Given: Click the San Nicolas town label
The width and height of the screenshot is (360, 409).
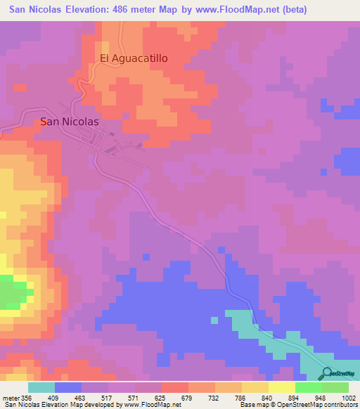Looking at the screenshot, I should [x=70, y=121].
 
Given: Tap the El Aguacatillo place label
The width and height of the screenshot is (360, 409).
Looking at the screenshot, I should [x=134, y=59].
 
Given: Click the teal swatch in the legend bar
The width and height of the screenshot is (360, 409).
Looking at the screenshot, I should [x=41, y=387].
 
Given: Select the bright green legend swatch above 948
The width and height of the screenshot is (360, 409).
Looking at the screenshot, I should [x=309, y=387].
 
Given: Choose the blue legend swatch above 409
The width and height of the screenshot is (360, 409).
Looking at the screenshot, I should [x=68, y=387].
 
